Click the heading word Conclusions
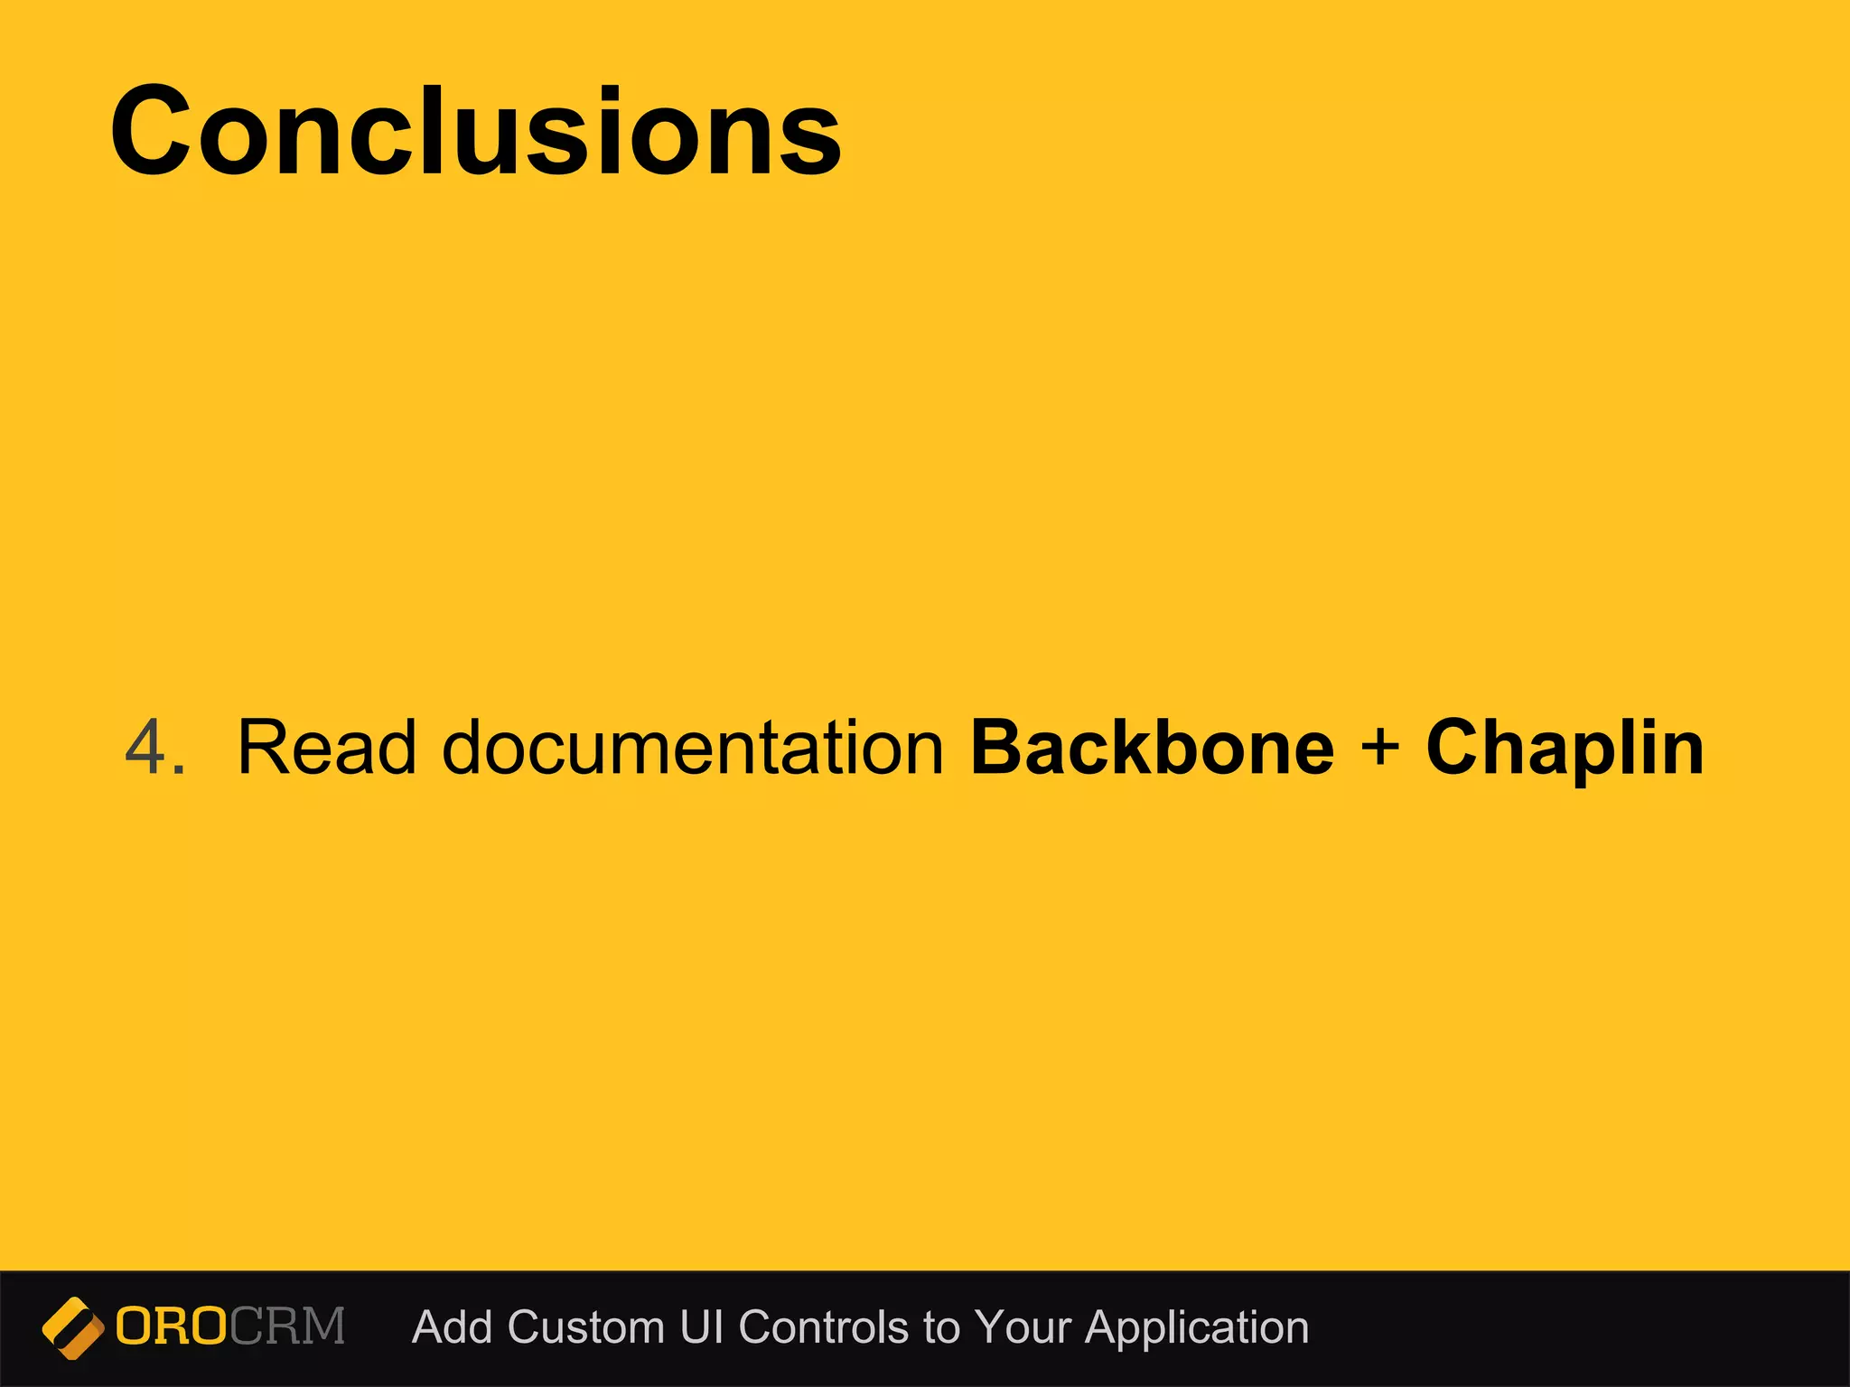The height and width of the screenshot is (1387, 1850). (476, 132)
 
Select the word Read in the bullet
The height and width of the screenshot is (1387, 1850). (326, 748)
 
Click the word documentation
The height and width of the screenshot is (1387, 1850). (693, 748)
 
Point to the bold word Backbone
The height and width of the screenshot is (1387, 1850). (1152, 748)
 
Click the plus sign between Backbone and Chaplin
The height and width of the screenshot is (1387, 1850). (1379, 748)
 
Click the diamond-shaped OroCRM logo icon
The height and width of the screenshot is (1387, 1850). (72, 1327)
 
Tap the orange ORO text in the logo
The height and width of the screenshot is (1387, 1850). (172, 1327)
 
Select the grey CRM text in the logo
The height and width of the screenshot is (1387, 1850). (287, 1327)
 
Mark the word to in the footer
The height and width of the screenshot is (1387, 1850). (941, 1328)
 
